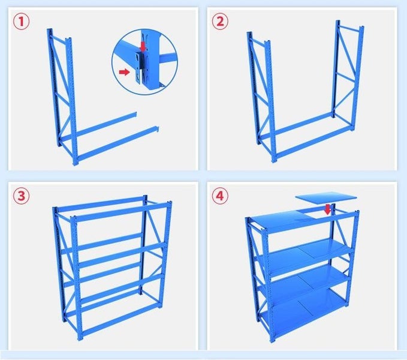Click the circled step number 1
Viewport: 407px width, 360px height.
tap(22, 21)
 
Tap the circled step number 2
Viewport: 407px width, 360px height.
tap(220, 21)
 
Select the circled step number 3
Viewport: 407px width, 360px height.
tap(22, 196)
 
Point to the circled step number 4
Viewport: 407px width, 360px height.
tap(220, 196)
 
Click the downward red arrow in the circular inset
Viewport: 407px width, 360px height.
tap(143, 46)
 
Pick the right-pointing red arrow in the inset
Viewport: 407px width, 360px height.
tap(124, 72)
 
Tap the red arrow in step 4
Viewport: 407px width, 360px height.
tap(327, 209)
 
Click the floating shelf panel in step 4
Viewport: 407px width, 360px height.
tap(326, 198)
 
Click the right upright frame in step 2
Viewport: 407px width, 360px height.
tap(348, 76)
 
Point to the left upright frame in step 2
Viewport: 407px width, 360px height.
tap(261, 96)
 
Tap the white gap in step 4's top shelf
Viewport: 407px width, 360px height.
tap(315, 214)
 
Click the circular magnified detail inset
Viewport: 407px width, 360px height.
tap(145, 62)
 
